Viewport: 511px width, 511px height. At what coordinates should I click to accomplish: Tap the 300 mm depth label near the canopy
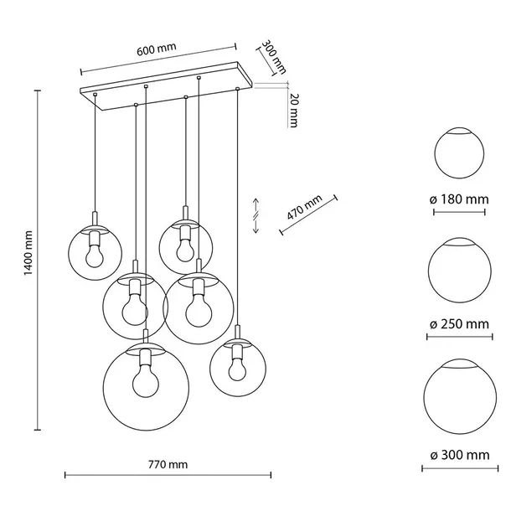pyautogui.click(x=270, y=56)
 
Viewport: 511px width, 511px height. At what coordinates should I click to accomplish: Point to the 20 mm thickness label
pyautogui.click(x=293, y=109)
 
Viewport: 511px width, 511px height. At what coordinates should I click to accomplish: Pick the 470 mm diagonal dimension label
pyautogui.click(x=304, y=209)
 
